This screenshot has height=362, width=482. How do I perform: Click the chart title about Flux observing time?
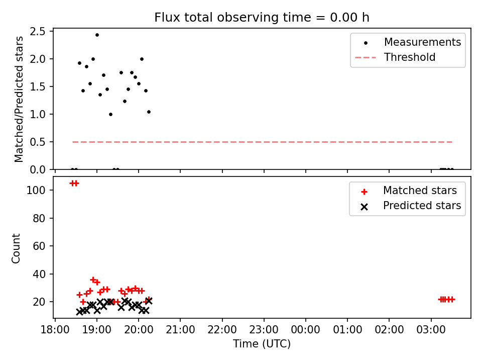262,18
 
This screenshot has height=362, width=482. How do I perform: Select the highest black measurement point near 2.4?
97,35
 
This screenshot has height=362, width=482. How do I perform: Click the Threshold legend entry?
395,57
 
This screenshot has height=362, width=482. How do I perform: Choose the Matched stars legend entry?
408,191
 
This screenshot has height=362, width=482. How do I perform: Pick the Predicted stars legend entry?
411,206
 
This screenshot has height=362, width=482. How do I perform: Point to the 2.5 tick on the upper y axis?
38,31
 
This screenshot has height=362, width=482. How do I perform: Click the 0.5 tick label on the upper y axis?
38,142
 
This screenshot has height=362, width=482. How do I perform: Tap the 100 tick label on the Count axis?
36,190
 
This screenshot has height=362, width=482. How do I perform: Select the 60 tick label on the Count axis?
39,246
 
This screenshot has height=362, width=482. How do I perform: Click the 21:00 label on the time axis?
180,330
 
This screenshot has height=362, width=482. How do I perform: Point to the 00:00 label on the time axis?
306,330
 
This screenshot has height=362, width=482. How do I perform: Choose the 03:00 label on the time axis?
431,330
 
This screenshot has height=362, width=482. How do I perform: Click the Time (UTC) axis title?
262,344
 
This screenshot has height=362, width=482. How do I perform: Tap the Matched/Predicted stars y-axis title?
19,99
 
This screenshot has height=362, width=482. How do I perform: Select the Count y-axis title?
16,248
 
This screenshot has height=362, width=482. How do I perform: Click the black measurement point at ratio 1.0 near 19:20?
110,115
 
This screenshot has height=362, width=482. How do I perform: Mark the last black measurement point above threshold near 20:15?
149,112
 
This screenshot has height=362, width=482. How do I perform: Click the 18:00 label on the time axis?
55,330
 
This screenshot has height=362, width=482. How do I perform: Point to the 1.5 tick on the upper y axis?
38,87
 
